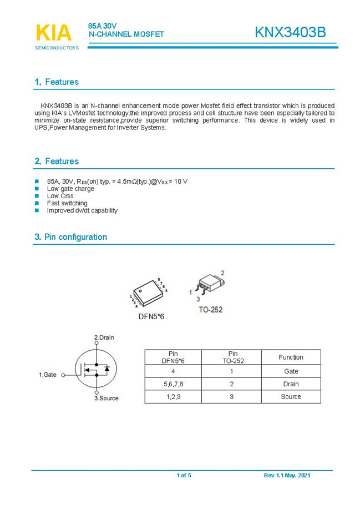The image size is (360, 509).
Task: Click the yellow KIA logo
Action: (x=54, y=33)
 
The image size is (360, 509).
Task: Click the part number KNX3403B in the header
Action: (x=290, y=33)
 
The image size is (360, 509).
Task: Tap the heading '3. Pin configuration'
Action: (x=70, y=237)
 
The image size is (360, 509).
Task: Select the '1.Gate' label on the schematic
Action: (x=47, y=375)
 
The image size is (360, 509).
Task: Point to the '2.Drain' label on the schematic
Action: (x=104, y=337)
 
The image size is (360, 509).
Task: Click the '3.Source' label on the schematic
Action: (x=106, y=398)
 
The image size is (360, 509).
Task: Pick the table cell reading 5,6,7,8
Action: (x=173, y=384)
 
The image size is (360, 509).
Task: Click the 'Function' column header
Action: (x=291, y=357)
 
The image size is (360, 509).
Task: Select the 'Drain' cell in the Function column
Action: (x=291, y=384)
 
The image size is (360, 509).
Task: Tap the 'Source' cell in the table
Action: (x=291, y=397)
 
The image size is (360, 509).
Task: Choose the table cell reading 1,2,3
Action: (x=173, y=397)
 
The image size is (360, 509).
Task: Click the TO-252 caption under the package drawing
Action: (x=210, y=309)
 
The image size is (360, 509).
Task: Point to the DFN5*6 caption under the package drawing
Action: (x=151, y=316)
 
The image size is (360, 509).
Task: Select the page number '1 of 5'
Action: (x=184, y=476)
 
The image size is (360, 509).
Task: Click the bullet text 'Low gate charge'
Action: (x=70, y=189)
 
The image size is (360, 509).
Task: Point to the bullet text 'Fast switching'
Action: (x=67, y=203)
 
